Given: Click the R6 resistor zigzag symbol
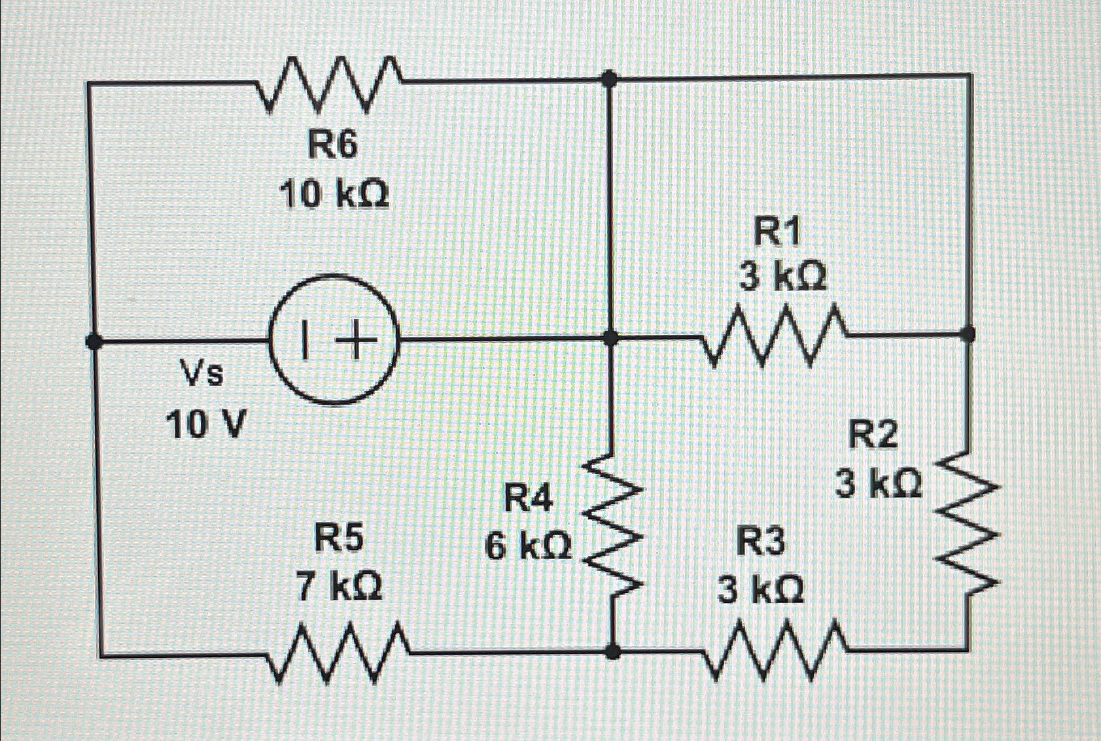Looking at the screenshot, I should [330, 83].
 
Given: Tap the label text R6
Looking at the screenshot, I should [333, 145].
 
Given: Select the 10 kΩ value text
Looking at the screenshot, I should [334, 194].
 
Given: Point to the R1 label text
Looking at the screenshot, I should [777, 233].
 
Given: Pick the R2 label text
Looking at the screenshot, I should [873, 436].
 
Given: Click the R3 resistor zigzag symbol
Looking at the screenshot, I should [776, 651].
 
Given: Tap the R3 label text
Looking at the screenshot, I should [760, 543].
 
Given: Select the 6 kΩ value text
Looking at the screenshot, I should [528, 546].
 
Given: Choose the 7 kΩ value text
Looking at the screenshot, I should [339, 587].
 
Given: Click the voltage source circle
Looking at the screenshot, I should [334, 340].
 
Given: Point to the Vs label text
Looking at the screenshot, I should [202, 375].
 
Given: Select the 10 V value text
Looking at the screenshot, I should [206, 426].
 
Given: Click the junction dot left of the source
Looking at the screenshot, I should [94, 341].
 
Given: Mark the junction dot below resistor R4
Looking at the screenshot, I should [612, 651].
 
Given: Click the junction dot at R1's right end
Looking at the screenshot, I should [968, 335].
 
